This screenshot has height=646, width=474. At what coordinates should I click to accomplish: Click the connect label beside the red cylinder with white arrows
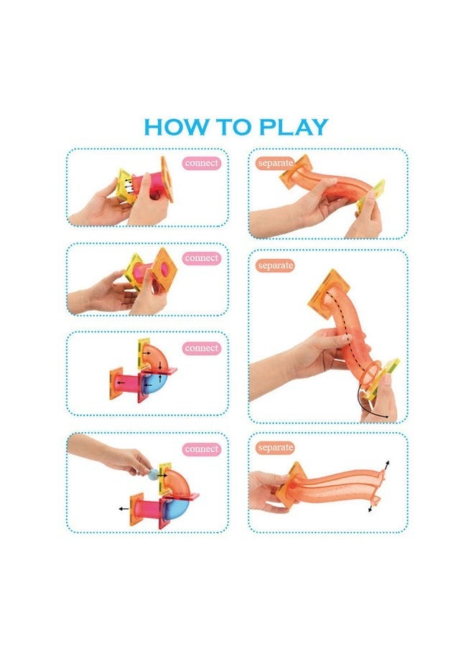click(x=201, y=163)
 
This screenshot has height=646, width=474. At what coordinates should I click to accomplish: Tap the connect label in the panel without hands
click(x=201, y=348)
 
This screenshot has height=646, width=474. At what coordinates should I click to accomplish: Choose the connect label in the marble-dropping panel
click(x=201, y=449)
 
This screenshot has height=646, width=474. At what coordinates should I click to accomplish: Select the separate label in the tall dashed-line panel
click(x=275, y=266)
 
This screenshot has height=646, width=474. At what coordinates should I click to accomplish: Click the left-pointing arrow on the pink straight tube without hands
click(x=119, y=382)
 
